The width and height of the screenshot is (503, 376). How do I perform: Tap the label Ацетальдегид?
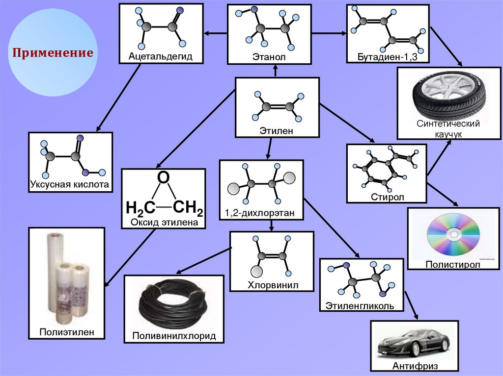click(x=154, y=56)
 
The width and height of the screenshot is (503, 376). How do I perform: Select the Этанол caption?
click(x=269, y=57)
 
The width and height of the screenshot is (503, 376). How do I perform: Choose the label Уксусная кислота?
click(x=70, y=184)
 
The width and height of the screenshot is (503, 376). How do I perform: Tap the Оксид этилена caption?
click(x=164, y=223)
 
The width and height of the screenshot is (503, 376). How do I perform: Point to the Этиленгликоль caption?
click(x=361, y=306)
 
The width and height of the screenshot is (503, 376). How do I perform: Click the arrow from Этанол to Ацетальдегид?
click(x=215, y=33)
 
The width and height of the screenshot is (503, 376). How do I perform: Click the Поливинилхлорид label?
click(x=174, y=337)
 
